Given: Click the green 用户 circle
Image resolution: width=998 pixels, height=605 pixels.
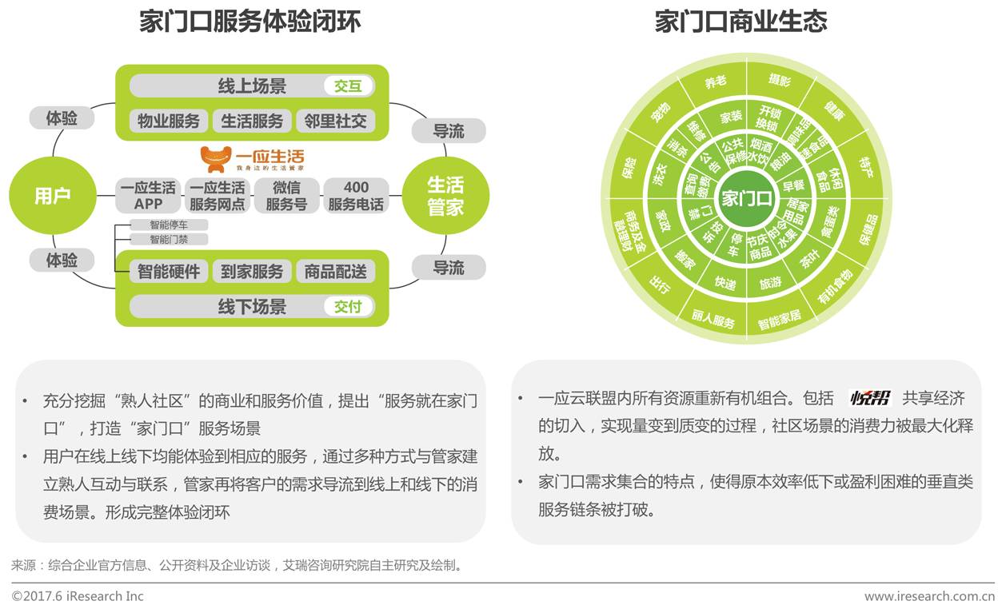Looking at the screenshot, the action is (x=52, y=196).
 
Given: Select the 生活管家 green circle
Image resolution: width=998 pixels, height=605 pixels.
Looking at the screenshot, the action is (x=445, y=196).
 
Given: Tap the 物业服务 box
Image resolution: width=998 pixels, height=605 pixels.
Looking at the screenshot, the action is (x=168, y=121).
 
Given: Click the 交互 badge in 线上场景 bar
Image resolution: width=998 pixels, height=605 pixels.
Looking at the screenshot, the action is (x=348, y=86).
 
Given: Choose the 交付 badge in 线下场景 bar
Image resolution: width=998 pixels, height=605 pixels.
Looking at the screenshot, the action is (x=348, y=306).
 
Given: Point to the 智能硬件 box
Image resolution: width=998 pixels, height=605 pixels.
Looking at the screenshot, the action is (x=168, y=271).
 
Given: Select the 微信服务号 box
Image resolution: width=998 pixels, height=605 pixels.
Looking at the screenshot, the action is (x=286, y=196).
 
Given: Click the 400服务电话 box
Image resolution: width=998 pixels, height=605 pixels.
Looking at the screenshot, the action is (x=356, y=196).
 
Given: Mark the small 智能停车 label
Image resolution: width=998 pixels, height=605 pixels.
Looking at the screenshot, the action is (x=169, y=225).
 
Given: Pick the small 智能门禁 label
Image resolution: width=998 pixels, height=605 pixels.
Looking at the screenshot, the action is (x=169, y=239).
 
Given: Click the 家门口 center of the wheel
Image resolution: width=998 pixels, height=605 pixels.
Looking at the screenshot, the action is (x=746, y=197).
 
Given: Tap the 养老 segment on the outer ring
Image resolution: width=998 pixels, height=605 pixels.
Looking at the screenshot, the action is (x=715, y=82).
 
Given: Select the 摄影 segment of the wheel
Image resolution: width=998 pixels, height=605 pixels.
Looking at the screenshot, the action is (x=779, y=81).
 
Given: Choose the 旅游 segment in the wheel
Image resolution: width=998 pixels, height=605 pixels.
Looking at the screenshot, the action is (x=770, y=283).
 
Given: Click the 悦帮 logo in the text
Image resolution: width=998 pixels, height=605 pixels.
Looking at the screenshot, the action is (x=870, y=398).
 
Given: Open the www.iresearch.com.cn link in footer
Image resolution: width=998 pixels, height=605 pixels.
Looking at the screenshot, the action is (x=928, y=596).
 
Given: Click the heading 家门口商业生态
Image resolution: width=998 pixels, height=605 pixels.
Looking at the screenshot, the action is (x=741, y=22).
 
